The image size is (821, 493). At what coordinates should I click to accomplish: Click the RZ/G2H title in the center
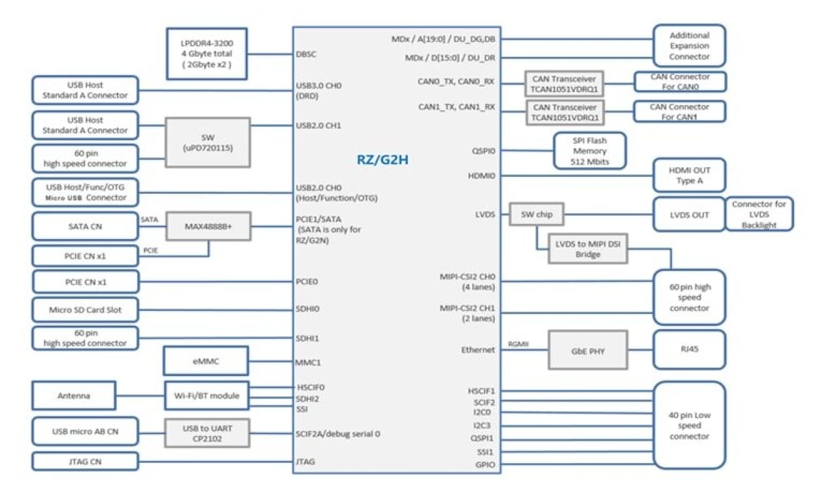coord(382,159)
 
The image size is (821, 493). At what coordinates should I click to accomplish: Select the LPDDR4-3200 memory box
coord(206,54)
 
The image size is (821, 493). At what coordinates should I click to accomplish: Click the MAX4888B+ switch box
coord(207,227)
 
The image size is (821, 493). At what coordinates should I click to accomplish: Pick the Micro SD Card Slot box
coord(86,310)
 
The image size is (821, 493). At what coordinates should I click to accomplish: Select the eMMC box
coord(206,361)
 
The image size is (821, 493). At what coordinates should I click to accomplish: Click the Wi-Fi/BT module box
coord(206,396)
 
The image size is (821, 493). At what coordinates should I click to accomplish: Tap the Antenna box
coord(74,396)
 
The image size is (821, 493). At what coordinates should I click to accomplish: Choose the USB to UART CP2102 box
coord(207,432)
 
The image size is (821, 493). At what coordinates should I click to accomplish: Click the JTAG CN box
coord(86,462)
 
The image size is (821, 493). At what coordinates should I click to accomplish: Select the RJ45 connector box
coord(689,350)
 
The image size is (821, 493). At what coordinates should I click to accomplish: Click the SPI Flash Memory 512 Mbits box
coord(590,151)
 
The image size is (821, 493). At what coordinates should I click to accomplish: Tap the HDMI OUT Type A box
coord(689,175)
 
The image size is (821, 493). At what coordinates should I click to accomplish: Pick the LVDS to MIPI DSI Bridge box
coord(587,249)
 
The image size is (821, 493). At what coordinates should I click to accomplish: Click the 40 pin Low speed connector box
coord(689,425)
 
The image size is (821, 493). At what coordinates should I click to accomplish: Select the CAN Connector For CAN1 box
coord(679,112)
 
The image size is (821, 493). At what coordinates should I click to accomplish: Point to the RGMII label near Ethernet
coord(518,344)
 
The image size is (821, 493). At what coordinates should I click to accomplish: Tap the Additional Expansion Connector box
coord(689,46)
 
